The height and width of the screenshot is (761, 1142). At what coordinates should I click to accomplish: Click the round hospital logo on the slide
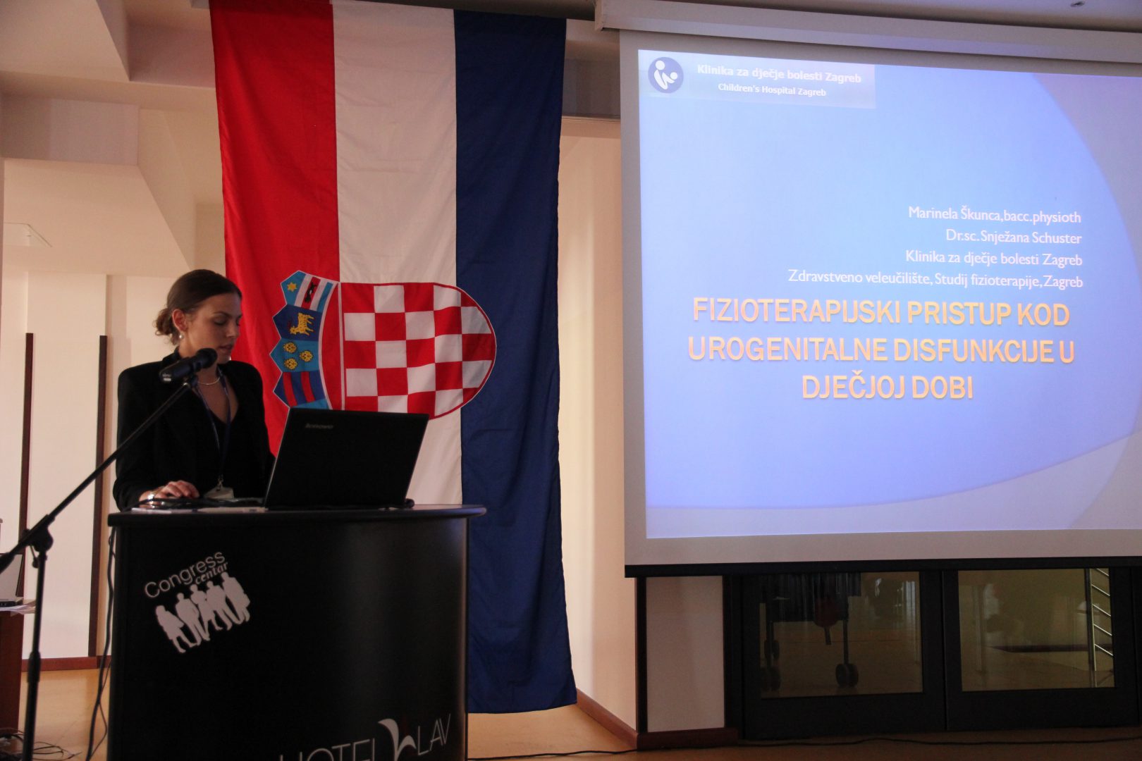[x=665, y=75]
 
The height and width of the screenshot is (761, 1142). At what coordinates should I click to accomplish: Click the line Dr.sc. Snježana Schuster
[x=1014, y=237]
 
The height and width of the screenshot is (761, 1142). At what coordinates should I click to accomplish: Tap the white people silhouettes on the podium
[x=202, y=615]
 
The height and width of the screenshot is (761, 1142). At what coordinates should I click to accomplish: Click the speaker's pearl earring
[x=181, y=336]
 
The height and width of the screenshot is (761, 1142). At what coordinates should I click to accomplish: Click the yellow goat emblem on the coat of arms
[x=301, y=323]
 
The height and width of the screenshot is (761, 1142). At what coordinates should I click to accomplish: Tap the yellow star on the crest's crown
[x=292, y=287]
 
